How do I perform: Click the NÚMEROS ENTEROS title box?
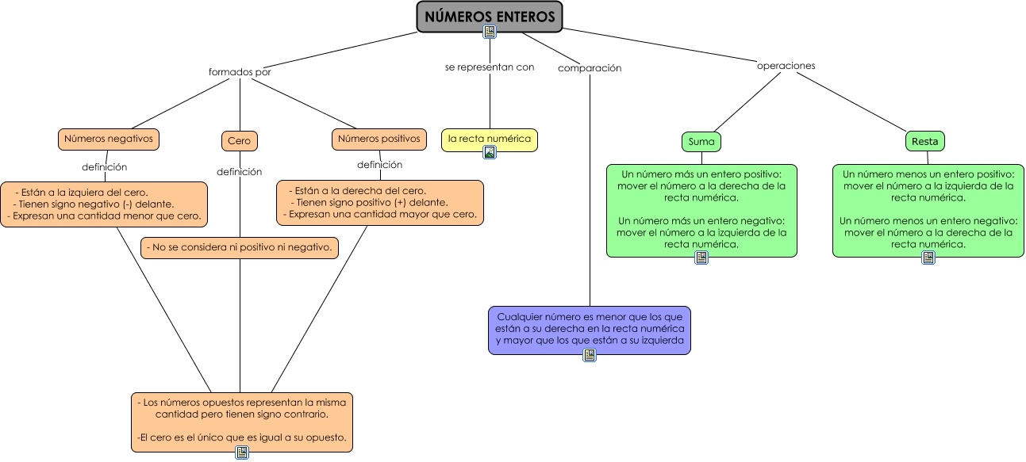[490, 16]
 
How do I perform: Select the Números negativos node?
[109, 139]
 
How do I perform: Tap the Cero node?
[239, 141]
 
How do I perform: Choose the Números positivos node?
[379, 139]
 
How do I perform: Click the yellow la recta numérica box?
[489, 139]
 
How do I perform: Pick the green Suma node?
[701, 142]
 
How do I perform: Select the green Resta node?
[924, 142]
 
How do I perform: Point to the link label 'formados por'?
[240, 71]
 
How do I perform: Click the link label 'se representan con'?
[490, 67]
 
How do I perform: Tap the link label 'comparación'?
[590, 68]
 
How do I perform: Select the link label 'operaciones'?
[786, 66]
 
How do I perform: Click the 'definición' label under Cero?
[239, 171]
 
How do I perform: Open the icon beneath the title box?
[490, 32]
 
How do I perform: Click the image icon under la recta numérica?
[490, 153]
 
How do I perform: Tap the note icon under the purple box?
[590, 355]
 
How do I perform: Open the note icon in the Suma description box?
[701, 258]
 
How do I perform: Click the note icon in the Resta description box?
[928, 258]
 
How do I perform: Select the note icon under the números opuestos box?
[242, 452]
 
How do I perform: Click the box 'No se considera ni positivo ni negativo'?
[240, 248]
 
